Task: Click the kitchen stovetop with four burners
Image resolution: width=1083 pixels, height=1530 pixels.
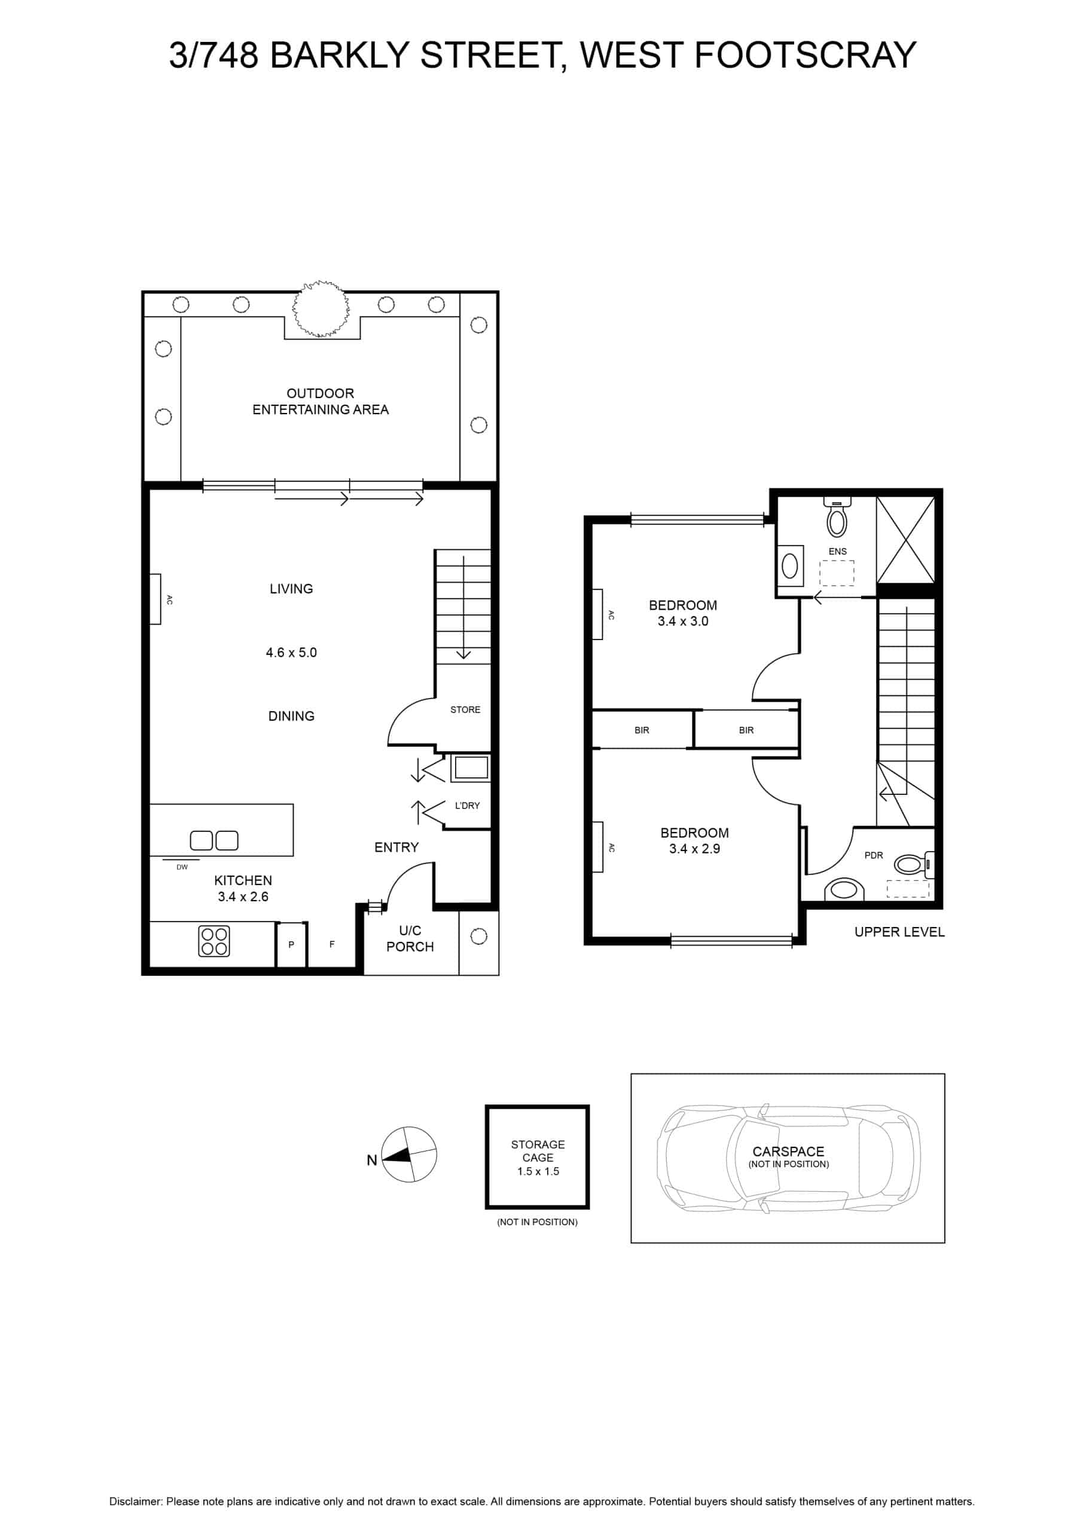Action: [x=214, y=941]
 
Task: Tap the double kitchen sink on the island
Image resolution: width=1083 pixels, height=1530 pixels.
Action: [x=214, y=840]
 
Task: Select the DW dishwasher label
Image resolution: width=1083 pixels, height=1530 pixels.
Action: [x=182, y=867]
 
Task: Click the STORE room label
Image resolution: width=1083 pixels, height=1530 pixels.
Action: [x=465, y=709]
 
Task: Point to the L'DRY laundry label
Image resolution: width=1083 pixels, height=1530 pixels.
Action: [x=467, y=806]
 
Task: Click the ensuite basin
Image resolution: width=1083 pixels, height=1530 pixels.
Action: [x=789, y=567]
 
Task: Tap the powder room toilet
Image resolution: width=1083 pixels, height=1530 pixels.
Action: [x=914, y=865]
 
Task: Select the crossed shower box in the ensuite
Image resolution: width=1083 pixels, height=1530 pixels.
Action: [x=905, y=540]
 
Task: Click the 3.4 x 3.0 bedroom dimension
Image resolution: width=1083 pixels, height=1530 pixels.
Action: [x=683, y=621]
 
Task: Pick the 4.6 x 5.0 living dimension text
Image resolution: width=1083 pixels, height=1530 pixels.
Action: [x=291, y=653]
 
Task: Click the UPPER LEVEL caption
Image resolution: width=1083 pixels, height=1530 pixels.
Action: [x=899, y=932]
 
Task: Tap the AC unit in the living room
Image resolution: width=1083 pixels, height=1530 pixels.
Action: [x=155, y=599]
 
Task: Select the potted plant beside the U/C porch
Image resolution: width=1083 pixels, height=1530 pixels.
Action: [x=479, y=937]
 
